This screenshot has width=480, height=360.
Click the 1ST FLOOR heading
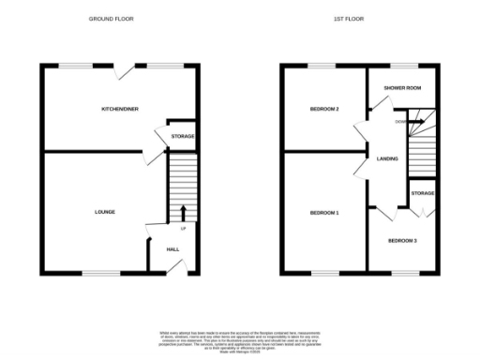(x=350, y=19)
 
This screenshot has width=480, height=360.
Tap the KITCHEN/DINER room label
(x=120, y=110)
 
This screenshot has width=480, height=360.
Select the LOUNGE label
(x=105, y=212)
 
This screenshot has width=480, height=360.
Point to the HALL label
(x=172, y=249)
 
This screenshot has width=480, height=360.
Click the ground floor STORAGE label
(x=183, y=137)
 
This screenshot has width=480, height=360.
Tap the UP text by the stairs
(x=183, y=228)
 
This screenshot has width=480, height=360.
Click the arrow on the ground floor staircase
(x=183, y=211)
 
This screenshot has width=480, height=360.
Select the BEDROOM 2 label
(x=324, y=110)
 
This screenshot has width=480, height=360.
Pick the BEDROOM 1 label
(x=324, y=213)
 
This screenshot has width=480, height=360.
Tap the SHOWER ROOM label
(x=403, y=87)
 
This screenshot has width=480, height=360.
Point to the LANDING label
(x=387, y=158)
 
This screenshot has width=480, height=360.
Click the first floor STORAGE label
(x=422, y=193)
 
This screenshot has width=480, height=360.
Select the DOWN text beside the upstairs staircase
(x=400, y=121)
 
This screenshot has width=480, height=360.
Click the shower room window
(x=404, y=65)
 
